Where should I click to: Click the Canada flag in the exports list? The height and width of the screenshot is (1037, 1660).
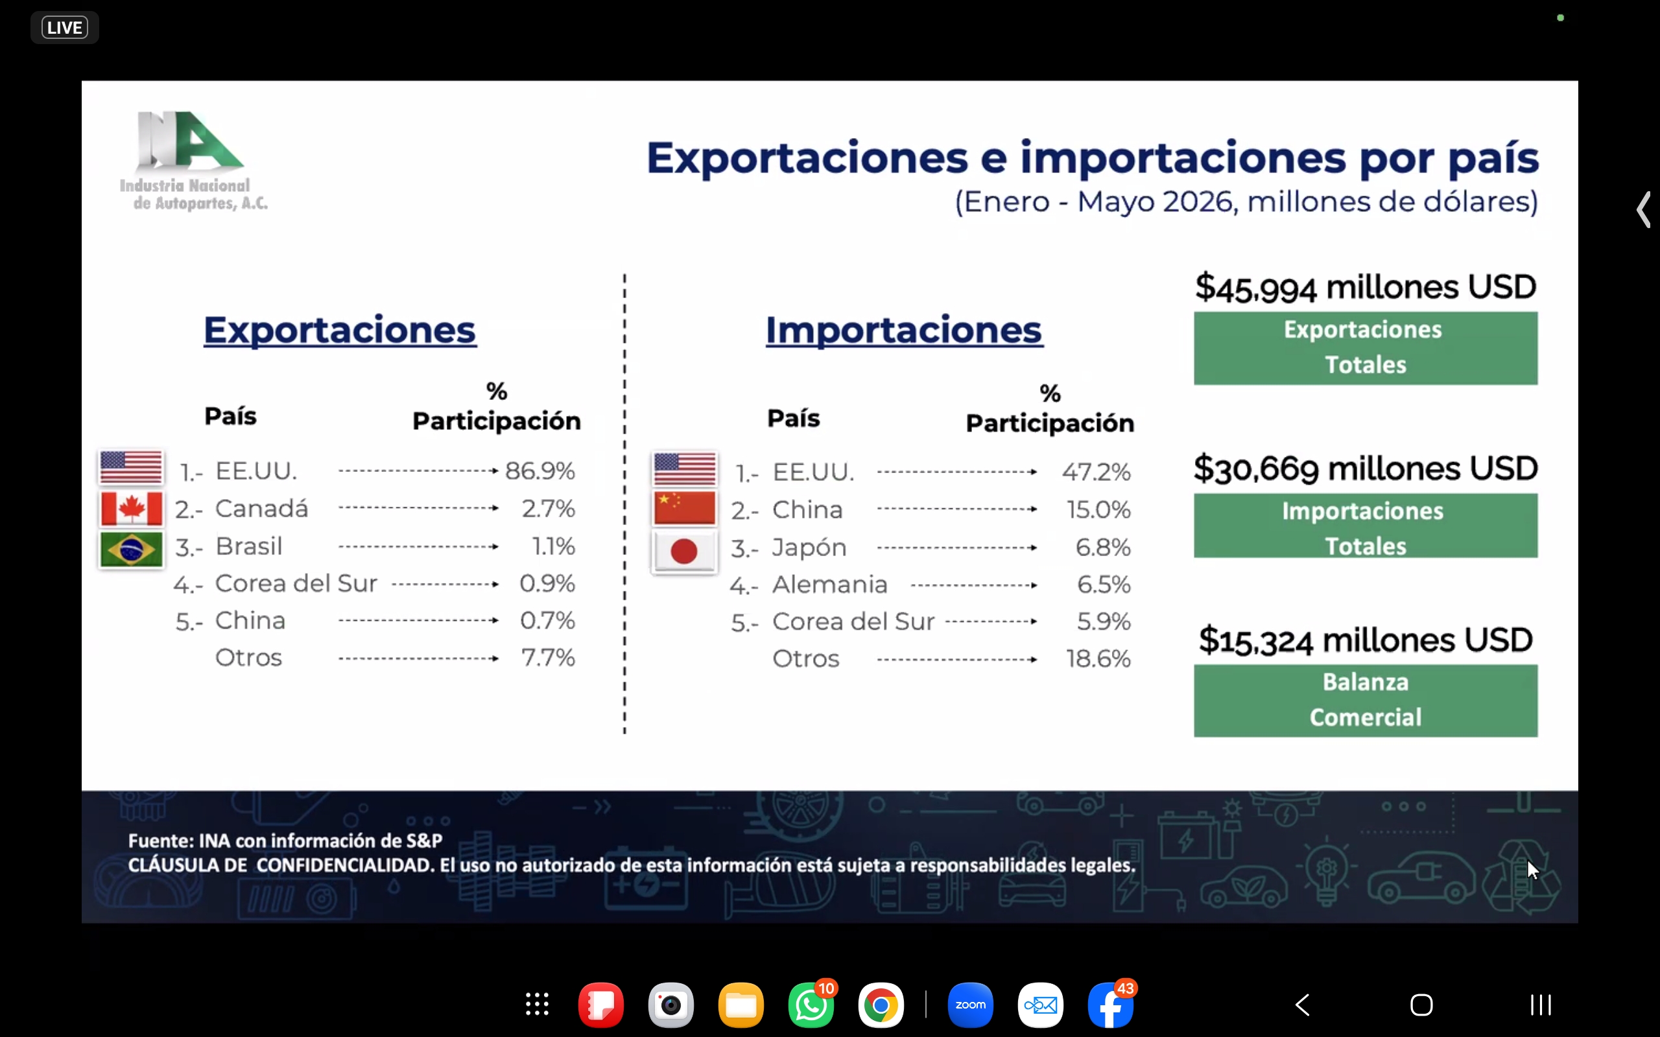tap(131, 509)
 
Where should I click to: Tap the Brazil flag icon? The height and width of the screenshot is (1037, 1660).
tap(131, 550)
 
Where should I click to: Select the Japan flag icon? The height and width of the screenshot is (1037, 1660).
tap(684, 552)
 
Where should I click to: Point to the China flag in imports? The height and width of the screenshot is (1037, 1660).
tap(684, 508)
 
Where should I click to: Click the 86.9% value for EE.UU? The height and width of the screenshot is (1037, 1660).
tap(540, 471)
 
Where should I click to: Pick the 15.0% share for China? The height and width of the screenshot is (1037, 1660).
tap(1098, 509)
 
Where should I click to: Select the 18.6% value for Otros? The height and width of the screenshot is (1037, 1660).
tap(1098, 658)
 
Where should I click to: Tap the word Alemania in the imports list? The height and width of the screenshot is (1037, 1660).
tap(830, 585)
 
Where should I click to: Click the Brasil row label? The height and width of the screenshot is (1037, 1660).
tap(249, 546)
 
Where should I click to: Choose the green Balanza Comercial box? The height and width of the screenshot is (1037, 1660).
tap(1365, 700)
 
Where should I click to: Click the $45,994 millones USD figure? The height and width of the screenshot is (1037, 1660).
tap(1365, 287)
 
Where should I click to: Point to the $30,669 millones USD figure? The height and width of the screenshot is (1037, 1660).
tap(1365, 469)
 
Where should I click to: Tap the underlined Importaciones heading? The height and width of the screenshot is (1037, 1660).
tap(904, 331)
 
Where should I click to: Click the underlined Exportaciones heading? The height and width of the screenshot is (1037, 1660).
tap(340, 331)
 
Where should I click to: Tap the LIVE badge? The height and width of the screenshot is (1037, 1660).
tap(64, 27)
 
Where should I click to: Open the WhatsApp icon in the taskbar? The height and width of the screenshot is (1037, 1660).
tap(811, 1005)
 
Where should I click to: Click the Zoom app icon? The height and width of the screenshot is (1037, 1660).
tap(970, 1005)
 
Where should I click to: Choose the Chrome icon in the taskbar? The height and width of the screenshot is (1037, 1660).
tap(881, 1005)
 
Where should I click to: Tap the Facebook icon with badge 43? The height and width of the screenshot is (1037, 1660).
tap(1111, 1005)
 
